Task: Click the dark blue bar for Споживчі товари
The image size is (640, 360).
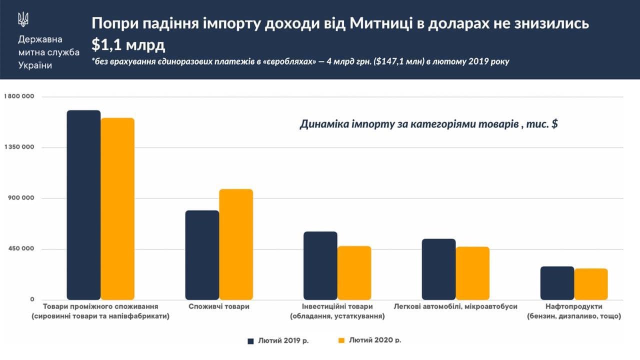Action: tap(202, 255)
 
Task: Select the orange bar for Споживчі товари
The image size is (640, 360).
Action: tap(236, 244)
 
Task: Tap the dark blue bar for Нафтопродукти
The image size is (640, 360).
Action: tap(557, 283)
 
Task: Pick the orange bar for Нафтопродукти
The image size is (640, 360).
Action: tap(591, 284)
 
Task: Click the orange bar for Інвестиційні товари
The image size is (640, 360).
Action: tap(354, 273)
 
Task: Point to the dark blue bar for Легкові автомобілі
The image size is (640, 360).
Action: tap(438, 269)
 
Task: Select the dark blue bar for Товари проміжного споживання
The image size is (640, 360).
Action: tap(83, 205)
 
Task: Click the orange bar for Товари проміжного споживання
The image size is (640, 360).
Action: tap(117, 209)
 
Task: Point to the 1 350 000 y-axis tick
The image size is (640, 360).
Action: tap(19, 147)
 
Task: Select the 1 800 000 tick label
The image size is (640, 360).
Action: tap(19, 96)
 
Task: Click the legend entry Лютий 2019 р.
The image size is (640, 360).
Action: tap(278, 340)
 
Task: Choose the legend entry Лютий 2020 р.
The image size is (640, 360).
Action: tap(369, 340)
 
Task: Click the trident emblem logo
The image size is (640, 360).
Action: tap(23, 19)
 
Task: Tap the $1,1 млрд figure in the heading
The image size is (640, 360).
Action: tap(127, 44)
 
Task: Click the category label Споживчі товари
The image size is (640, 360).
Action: tap(219, 306)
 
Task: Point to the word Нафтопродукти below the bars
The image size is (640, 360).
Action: tap(574, 306)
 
